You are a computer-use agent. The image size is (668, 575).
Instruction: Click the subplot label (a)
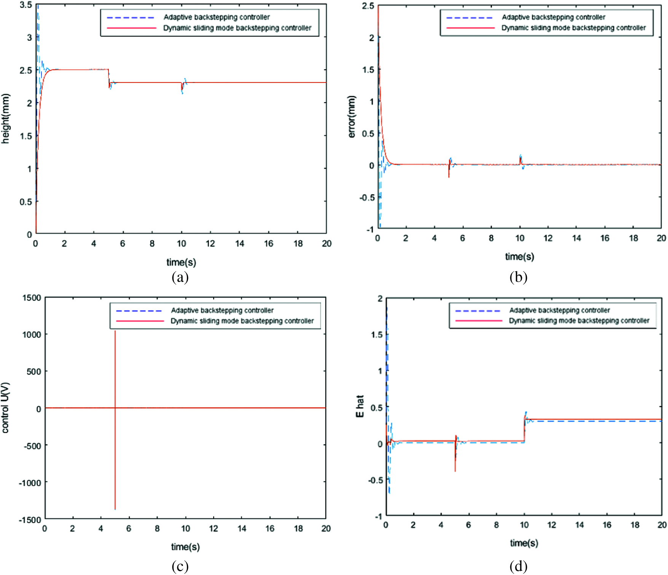tap(180, 277)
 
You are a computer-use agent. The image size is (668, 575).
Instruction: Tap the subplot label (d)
tap(518, 567)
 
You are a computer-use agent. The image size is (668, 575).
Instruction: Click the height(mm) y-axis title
tap(5, 119)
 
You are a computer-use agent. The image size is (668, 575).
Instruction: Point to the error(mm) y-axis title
tap(352, 116)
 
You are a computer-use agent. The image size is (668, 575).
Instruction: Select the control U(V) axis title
tap(5, 408)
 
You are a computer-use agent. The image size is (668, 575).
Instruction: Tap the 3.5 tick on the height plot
tap(26, 5)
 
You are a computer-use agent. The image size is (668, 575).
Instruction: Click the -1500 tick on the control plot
tap(30, 520)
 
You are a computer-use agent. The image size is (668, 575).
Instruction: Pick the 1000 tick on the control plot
tap(32, 334)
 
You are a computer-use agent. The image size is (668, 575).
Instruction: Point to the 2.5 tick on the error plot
tap(368, 6)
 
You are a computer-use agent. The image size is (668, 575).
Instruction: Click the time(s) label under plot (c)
tap(185, 547)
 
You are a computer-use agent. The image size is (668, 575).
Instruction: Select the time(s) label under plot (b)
tap(520, 256)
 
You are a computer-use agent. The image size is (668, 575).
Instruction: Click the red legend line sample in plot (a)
tap(131, 28)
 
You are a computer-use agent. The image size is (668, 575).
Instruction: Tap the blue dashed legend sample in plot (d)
tap(478, 311)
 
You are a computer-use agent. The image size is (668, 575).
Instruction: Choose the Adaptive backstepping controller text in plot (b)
tap(553, 17)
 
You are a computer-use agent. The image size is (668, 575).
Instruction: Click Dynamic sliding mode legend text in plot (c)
tap(242, 321)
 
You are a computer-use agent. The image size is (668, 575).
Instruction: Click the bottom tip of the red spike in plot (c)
tap(115, 509)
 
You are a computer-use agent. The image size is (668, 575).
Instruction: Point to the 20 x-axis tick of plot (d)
tap(662, 525)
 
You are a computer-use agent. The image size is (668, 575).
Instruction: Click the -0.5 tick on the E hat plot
tap(375, 480)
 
